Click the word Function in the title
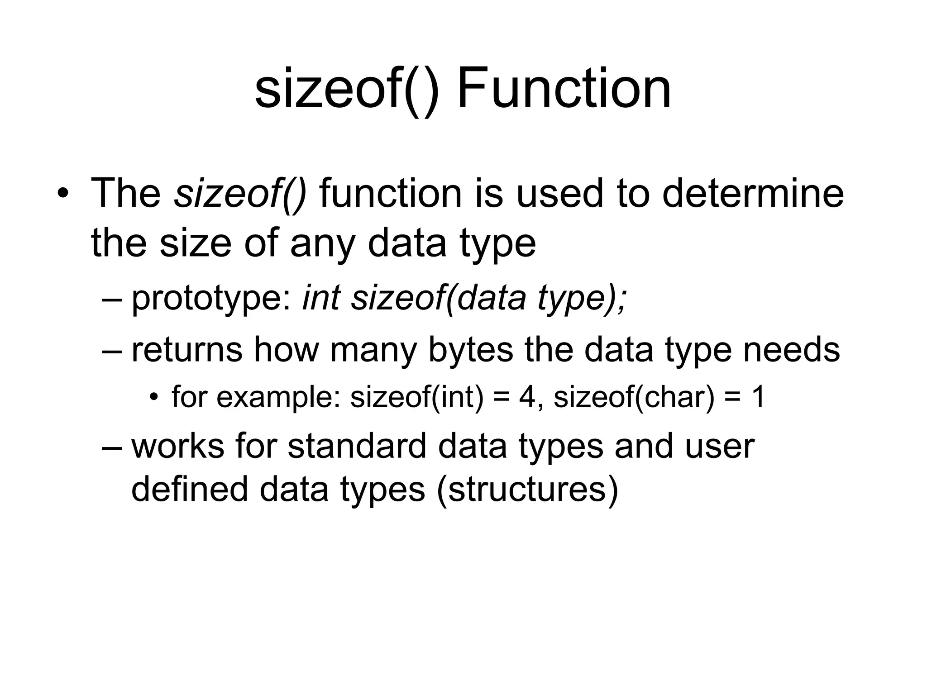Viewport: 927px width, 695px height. pos(564,88)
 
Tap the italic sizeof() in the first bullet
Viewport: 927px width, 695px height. pos(240,194)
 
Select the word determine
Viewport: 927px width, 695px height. pos(753,194)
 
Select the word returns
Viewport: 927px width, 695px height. pos(187,349)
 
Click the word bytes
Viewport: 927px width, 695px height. pos(471,349)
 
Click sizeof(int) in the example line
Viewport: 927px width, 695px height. pos(417,397)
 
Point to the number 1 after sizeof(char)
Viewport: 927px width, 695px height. pos(757,397)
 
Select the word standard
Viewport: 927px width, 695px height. pos(357,446)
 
